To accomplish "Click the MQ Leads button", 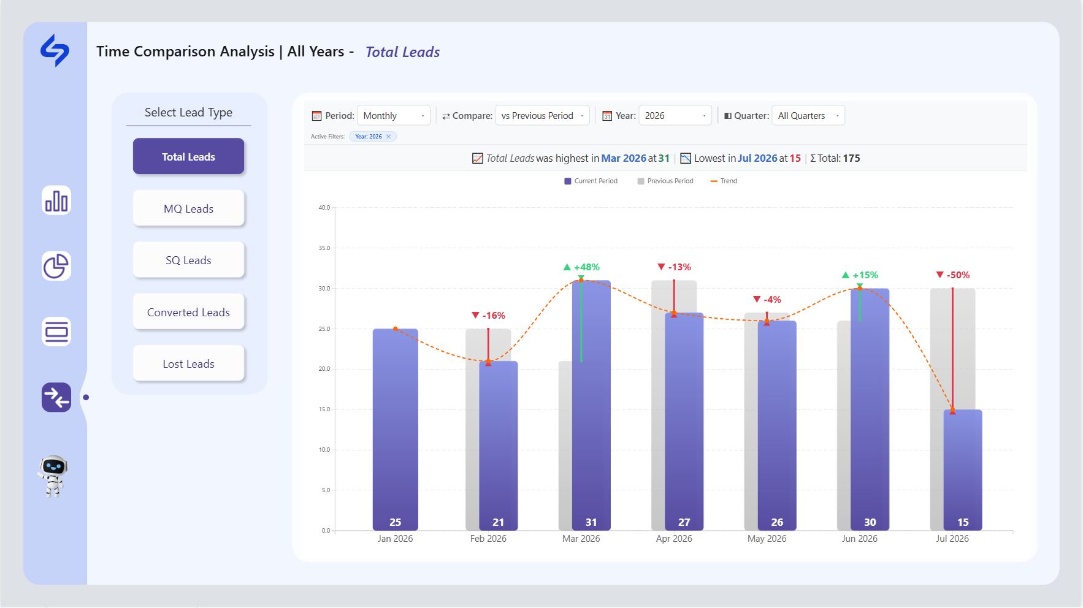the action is (188, 208).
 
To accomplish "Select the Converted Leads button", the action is (188, 312).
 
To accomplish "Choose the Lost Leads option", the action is (188, 363).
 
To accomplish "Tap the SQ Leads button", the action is (188, 260).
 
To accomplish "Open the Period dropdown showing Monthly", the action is (394, 115).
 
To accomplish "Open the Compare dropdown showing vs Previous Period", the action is (542, 115).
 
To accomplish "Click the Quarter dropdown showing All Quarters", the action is (808, 115).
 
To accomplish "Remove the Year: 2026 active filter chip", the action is (388, 137).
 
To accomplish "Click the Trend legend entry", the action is (724, 181).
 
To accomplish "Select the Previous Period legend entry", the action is (665, 181).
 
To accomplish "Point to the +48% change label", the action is (581, 267).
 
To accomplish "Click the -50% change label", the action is (953, 275).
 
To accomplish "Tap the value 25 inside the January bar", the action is (396, 522).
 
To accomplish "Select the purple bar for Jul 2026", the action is (963, 470).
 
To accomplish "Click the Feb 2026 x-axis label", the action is (488, 539).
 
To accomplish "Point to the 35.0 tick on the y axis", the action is (324, 248).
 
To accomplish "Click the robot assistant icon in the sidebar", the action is (53, 476).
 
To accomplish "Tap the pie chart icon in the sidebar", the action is (56, 266).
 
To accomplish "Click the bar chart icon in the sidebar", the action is (56, 200).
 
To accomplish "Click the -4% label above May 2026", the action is (767, 300).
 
